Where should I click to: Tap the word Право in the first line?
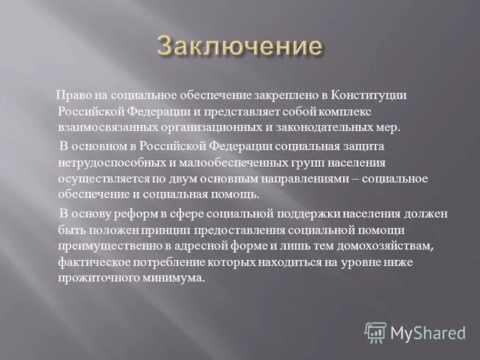pyautogui.click(x=70, y=96)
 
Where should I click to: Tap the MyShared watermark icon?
pyautogui.click(x=375, y=331)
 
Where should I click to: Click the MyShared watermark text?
pyautogui.click(x=427, y=332)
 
